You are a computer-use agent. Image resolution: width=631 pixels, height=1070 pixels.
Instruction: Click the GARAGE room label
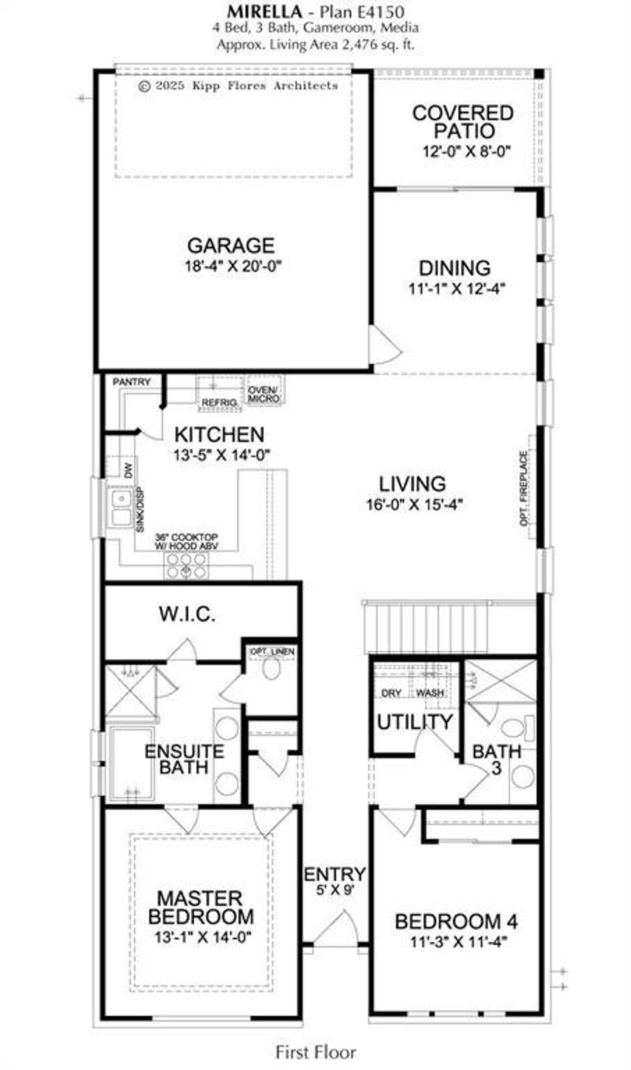point(231,246)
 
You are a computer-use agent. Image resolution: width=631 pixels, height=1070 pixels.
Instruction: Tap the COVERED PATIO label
point(463,122)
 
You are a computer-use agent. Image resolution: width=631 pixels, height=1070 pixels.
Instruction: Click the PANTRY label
point(131,382)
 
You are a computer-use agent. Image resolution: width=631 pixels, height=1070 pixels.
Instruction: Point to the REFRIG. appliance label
point(219,403)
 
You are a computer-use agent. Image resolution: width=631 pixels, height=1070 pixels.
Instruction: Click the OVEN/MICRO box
point(264,394)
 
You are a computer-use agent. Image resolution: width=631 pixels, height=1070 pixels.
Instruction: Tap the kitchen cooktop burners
point(186,565)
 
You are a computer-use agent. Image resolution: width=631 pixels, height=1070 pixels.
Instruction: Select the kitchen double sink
point(121,507)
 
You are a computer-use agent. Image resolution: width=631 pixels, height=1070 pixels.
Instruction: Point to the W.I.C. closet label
point(187,614)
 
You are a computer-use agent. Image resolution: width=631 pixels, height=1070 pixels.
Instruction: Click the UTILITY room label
point(415,722)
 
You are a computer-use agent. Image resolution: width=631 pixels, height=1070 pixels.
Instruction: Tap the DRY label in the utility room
point(391,694)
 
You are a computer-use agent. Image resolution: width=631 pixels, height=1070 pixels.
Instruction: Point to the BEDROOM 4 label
point(456,921)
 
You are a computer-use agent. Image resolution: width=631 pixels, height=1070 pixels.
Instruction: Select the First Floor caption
point(315,1052)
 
